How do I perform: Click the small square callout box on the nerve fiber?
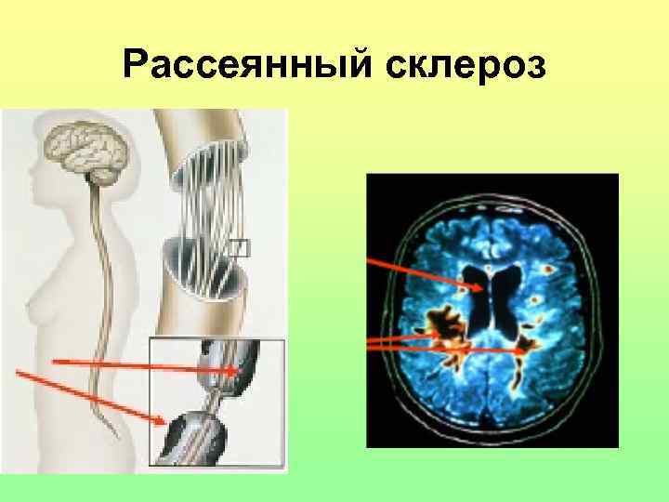tap(240, 246)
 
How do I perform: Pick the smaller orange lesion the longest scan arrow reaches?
tap(528, 349)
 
